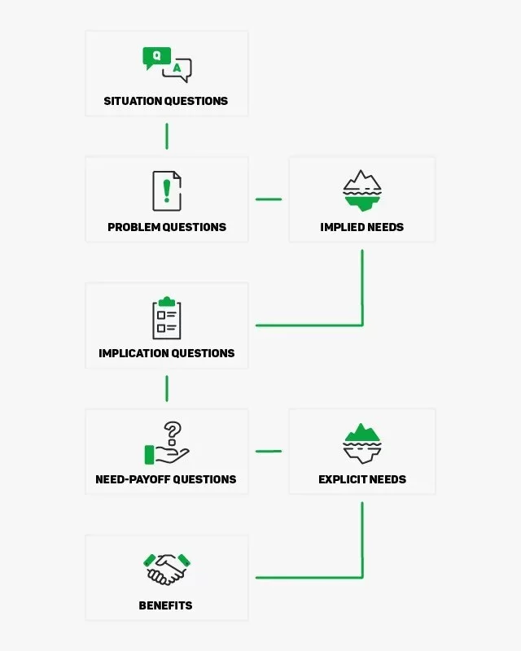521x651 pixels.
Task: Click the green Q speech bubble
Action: [156, 57]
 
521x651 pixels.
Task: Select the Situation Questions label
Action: [166, 101]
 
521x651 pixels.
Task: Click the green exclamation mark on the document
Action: [167, 191]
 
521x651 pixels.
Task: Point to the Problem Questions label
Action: [167, 227]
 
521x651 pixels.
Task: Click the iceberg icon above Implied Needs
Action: [362, 190]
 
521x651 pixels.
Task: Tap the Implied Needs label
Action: [362, 227]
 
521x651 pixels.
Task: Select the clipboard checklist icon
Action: [167, 318]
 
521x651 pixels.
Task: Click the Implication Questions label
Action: [167, 353]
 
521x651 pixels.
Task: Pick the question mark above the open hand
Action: [173, 432]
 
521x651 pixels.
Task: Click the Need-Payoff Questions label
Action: [166, 479]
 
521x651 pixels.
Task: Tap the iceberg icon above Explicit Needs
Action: [362, 443]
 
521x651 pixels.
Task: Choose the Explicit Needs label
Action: [362, 479]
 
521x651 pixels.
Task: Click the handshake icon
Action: [167, 569]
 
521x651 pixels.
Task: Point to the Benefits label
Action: [166, 605]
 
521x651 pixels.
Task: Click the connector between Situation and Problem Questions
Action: [167, 136]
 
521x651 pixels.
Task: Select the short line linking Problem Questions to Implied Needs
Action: [269, 199]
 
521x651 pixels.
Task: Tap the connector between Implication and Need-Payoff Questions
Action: [167, 389]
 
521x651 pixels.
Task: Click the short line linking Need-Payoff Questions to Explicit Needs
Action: [269, 451]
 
